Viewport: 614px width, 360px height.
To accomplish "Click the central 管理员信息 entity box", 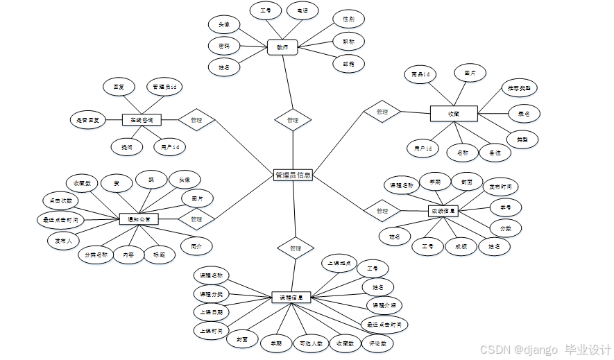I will [293, 175].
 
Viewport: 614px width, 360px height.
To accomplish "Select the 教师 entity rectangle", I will [282, 47].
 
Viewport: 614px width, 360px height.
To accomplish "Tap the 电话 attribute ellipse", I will [302, 11].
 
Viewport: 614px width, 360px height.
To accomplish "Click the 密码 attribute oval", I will [224, 46].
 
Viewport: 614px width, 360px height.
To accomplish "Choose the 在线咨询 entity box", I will [142, 120].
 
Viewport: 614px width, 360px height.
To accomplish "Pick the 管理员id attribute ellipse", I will [165, 87].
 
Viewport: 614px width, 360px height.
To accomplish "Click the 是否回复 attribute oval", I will [88, 120].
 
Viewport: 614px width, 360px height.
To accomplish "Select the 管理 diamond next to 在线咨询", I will [196, 120].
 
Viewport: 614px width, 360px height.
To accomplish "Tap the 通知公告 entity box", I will [139, 218].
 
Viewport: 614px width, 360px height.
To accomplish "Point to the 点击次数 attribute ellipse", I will [60, 200].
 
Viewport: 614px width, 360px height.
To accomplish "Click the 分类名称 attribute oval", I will [95, 254].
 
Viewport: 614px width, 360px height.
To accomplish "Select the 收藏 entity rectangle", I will [454, 112].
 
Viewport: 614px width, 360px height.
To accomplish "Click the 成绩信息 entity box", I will [443, 210].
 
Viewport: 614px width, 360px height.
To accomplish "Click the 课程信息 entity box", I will [291, 297].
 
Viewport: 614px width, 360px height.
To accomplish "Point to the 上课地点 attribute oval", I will [340, 263].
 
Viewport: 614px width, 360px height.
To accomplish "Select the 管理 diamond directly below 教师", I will [293, 119].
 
